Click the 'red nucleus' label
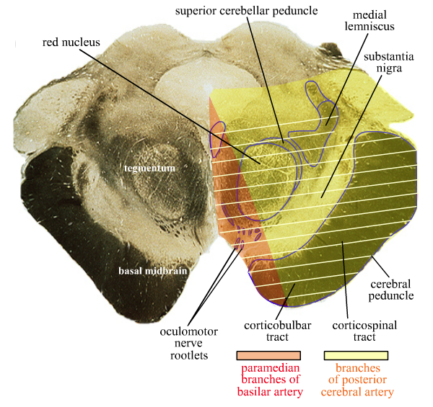[x=71, y=42]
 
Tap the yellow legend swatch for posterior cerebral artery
[x=357, y=355]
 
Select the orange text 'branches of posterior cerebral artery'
[x=357, y=380]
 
